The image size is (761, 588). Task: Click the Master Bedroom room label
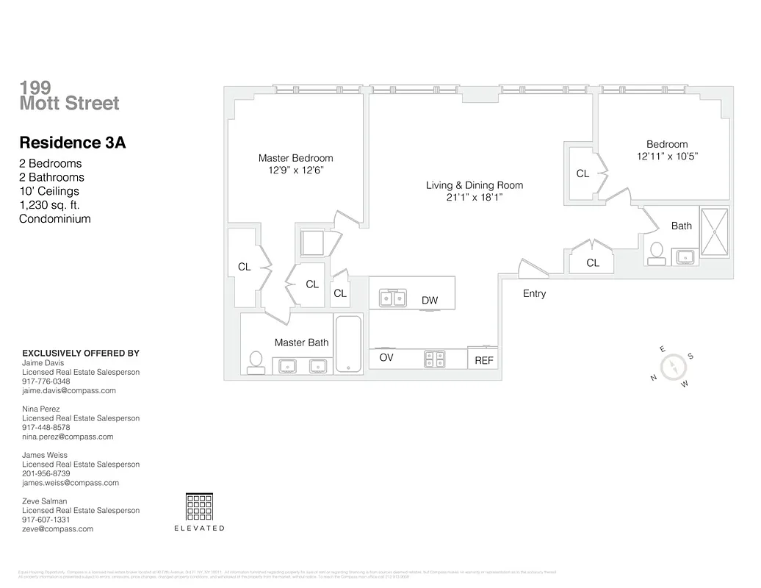tap(295, 158)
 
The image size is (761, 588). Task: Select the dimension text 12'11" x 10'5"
tap(667, 156)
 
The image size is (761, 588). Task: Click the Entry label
tap(534, 294)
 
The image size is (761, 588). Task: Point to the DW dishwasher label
tap(430, 301)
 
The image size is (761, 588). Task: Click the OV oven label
tap(386, 358)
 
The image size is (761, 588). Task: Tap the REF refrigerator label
tap(484, 361)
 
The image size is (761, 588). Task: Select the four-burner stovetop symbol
tap(435, 359)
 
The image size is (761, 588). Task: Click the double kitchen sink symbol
tap(392, 298)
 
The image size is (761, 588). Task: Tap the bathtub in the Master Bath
tap(348, 344)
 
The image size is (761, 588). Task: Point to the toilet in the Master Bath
tap(256, 362)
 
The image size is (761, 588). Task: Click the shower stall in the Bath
tap(714, 233)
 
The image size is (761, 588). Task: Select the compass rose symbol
tap(672, 367)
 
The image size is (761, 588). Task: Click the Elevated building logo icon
tap(199, 507)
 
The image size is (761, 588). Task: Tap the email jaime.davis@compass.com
tap(69, 391)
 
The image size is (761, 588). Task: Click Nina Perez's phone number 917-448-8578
tap(46, 428)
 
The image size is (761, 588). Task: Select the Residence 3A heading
tap(72, 143)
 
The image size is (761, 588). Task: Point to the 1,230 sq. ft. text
tap(49, 205)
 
